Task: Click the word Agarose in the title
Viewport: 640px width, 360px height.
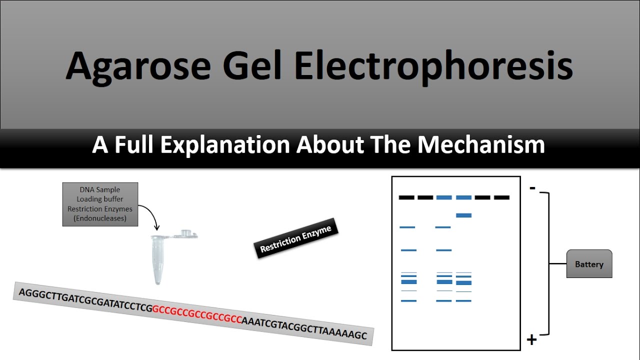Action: click(x=138, y=67)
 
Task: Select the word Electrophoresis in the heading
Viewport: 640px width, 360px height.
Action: click(x=433, y=67)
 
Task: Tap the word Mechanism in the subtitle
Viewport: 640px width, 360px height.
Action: click(x=481, y=145)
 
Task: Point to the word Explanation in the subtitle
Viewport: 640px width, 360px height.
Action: click(x=225, y=145)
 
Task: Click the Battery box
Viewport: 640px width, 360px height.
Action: click(x=589, y=263)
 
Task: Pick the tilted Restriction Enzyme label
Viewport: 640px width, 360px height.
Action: click(x=296, y=238)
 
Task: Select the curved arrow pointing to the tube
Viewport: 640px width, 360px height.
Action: click(x=151, y=213)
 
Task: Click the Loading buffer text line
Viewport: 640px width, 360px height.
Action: click(x=99, y=199)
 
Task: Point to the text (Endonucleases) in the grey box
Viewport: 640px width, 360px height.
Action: click(x=99, y=218)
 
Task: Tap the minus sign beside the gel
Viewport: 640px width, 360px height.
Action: click(x=532, y=188)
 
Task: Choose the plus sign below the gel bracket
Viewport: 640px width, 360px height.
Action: click(x=531, y=340)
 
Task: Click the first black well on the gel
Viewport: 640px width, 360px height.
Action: click(x=406, y=197)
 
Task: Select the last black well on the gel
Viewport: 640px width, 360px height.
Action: click(x=501, y=197)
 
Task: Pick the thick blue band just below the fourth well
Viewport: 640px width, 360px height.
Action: click(x=463, y=215)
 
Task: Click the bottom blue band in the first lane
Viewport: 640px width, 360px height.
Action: click(x=409, y=301)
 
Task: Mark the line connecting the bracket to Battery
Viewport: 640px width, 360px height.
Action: click(x=558, y=263)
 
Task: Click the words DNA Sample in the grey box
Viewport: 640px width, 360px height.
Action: click(x=99, y=189)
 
